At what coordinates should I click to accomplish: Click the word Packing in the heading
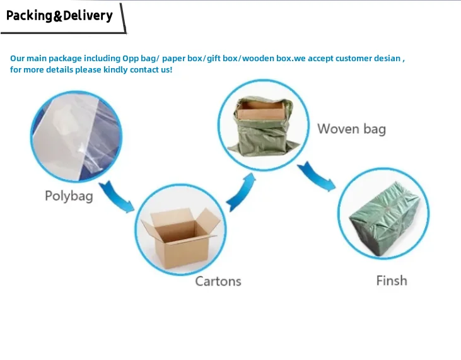29,15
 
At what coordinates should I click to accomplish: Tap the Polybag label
69,196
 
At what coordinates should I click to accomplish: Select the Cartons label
218,281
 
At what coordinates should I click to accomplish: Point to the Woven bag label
351,129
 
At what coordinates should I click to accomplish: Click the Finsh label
392,281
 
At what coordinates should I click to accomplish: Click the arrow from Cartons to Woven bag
242,192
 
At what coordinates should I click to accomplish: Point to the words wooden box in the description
267,59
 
